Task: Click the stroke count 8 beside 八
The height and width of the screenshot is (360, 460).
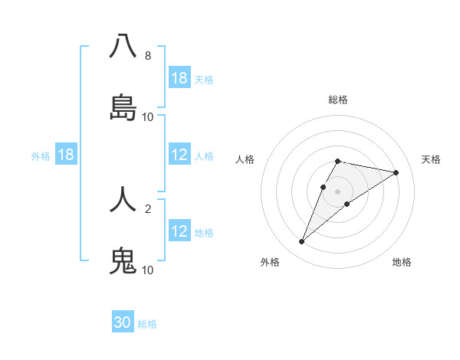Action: (147, 55)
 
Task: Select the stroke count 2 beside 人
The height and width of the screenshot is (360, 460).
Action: (147, 208)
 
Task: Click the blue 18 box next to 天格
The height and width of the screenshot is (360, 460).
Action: (179, 78)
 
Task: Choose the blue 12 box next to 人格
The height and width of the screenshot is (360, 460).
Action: (179, 155)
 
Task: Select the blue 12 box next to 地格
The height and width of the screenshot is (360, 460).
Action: (179, 231)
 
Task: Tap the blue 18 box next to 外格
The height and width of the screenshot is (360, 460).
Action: (66, 155)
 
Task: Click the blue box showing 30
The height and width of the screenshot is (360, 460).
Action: (123, 322)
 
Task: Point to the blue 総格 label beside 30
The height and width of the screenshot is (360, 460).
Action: (148, 323)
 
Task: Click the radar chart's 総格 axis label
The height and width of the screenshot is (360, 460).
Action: (337, 100)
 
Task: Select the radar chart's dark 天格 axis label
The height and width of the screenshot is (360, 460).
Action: (431, 159)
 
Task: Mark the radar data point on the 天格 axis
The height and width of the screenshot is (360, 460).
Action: (396, 172)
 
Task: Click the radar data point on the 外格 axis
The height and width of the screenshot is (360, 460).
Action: (301, 242)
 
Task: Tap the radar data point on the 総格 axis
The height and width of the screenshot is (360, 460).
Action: (337, 161)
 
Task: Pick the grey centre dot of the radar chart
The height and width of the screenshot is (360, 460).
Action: (337, 191)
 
